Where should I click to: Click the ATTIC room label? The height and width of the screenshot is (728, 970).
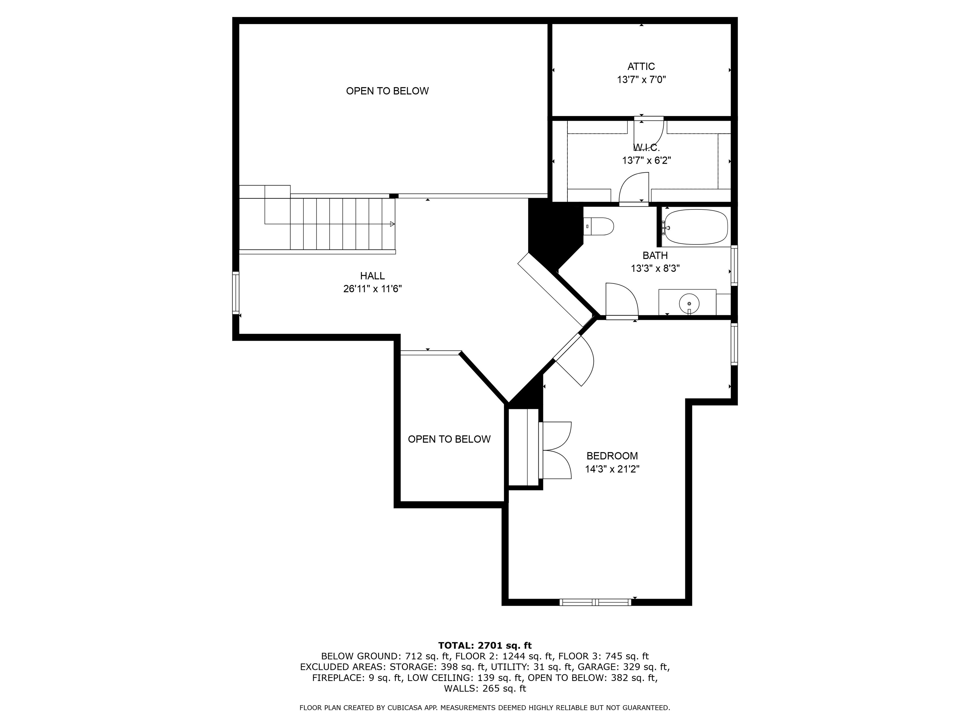641,66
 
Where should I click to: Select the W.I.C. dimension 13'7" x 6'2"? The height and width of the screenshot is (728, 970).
646,161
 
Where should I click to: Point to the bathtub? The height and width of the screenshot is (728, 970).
696,227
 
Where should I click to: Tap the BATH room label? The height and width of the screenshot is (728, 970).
655,255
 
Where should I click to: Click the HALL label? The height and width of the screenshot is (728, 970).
372,276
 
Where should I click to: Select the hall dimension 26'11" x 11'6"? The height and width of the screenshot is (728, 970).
372,289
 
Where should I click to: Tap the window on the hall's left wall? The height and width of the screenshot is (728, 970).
236,293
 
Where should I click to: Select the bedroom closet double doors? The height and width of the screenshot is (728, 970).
556,450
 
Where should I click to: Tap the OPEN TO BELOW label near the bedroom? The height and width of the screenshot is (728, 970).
449,439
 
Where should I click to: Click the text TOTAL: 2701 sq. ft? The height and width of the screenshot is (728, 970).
485,646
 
